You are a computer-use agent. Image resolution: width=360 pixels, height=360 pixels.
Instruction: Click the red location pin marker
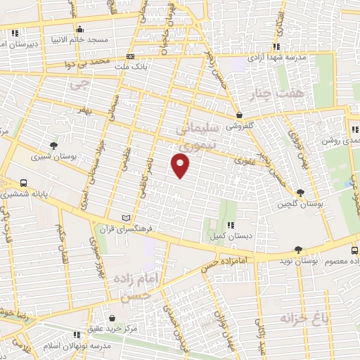pos(181,166)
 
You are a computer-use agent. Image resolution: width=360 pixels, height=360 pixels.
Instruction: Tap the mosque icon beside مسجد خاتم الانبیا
pos(79,30)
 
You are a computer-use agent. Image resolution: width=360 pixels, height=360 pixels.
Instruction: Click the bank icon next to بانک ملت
pos(129,56)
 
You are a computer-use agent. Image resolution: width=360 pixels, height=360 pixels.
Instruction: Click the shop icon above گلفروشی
pos(240,115)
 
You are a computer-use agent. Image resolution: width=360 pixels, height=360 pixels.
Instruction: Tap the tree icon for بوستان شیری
pos(53,147)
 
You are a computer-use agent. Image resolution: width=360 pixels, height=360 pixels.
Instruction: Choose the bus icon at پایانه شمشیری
pos(25,180)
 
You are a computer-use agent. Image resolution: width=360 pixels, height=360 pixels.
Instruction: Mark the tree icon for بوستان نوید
pos(298,250)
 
